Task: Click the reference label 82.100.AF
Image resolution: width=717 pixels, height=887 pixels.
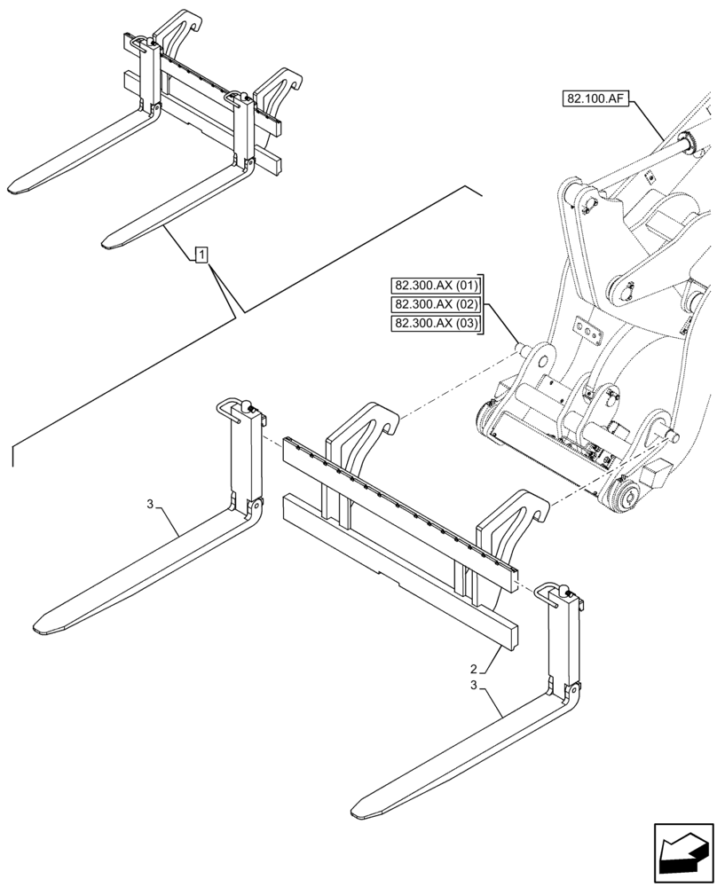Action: click(x=595, y=98)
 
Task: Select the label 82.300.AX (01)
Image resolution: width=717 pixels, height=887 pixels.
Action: click(x=435, y=286)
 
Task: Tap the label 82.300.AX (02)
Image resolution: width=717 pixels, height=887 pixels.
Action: click(x=435, y=305)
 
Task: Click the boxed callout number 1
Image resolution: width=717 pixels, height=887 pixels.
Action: click(x=202, y=256)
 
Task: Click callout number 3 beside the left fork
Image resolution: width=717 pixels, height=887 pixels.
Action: click(x=151, y=505)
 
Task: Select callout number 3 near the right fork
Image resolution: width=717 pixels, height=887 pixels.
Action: click(x=475, y=686)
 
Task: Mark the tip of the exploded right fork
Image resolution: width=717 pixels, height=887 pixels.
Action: click(x=360, y=808)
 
